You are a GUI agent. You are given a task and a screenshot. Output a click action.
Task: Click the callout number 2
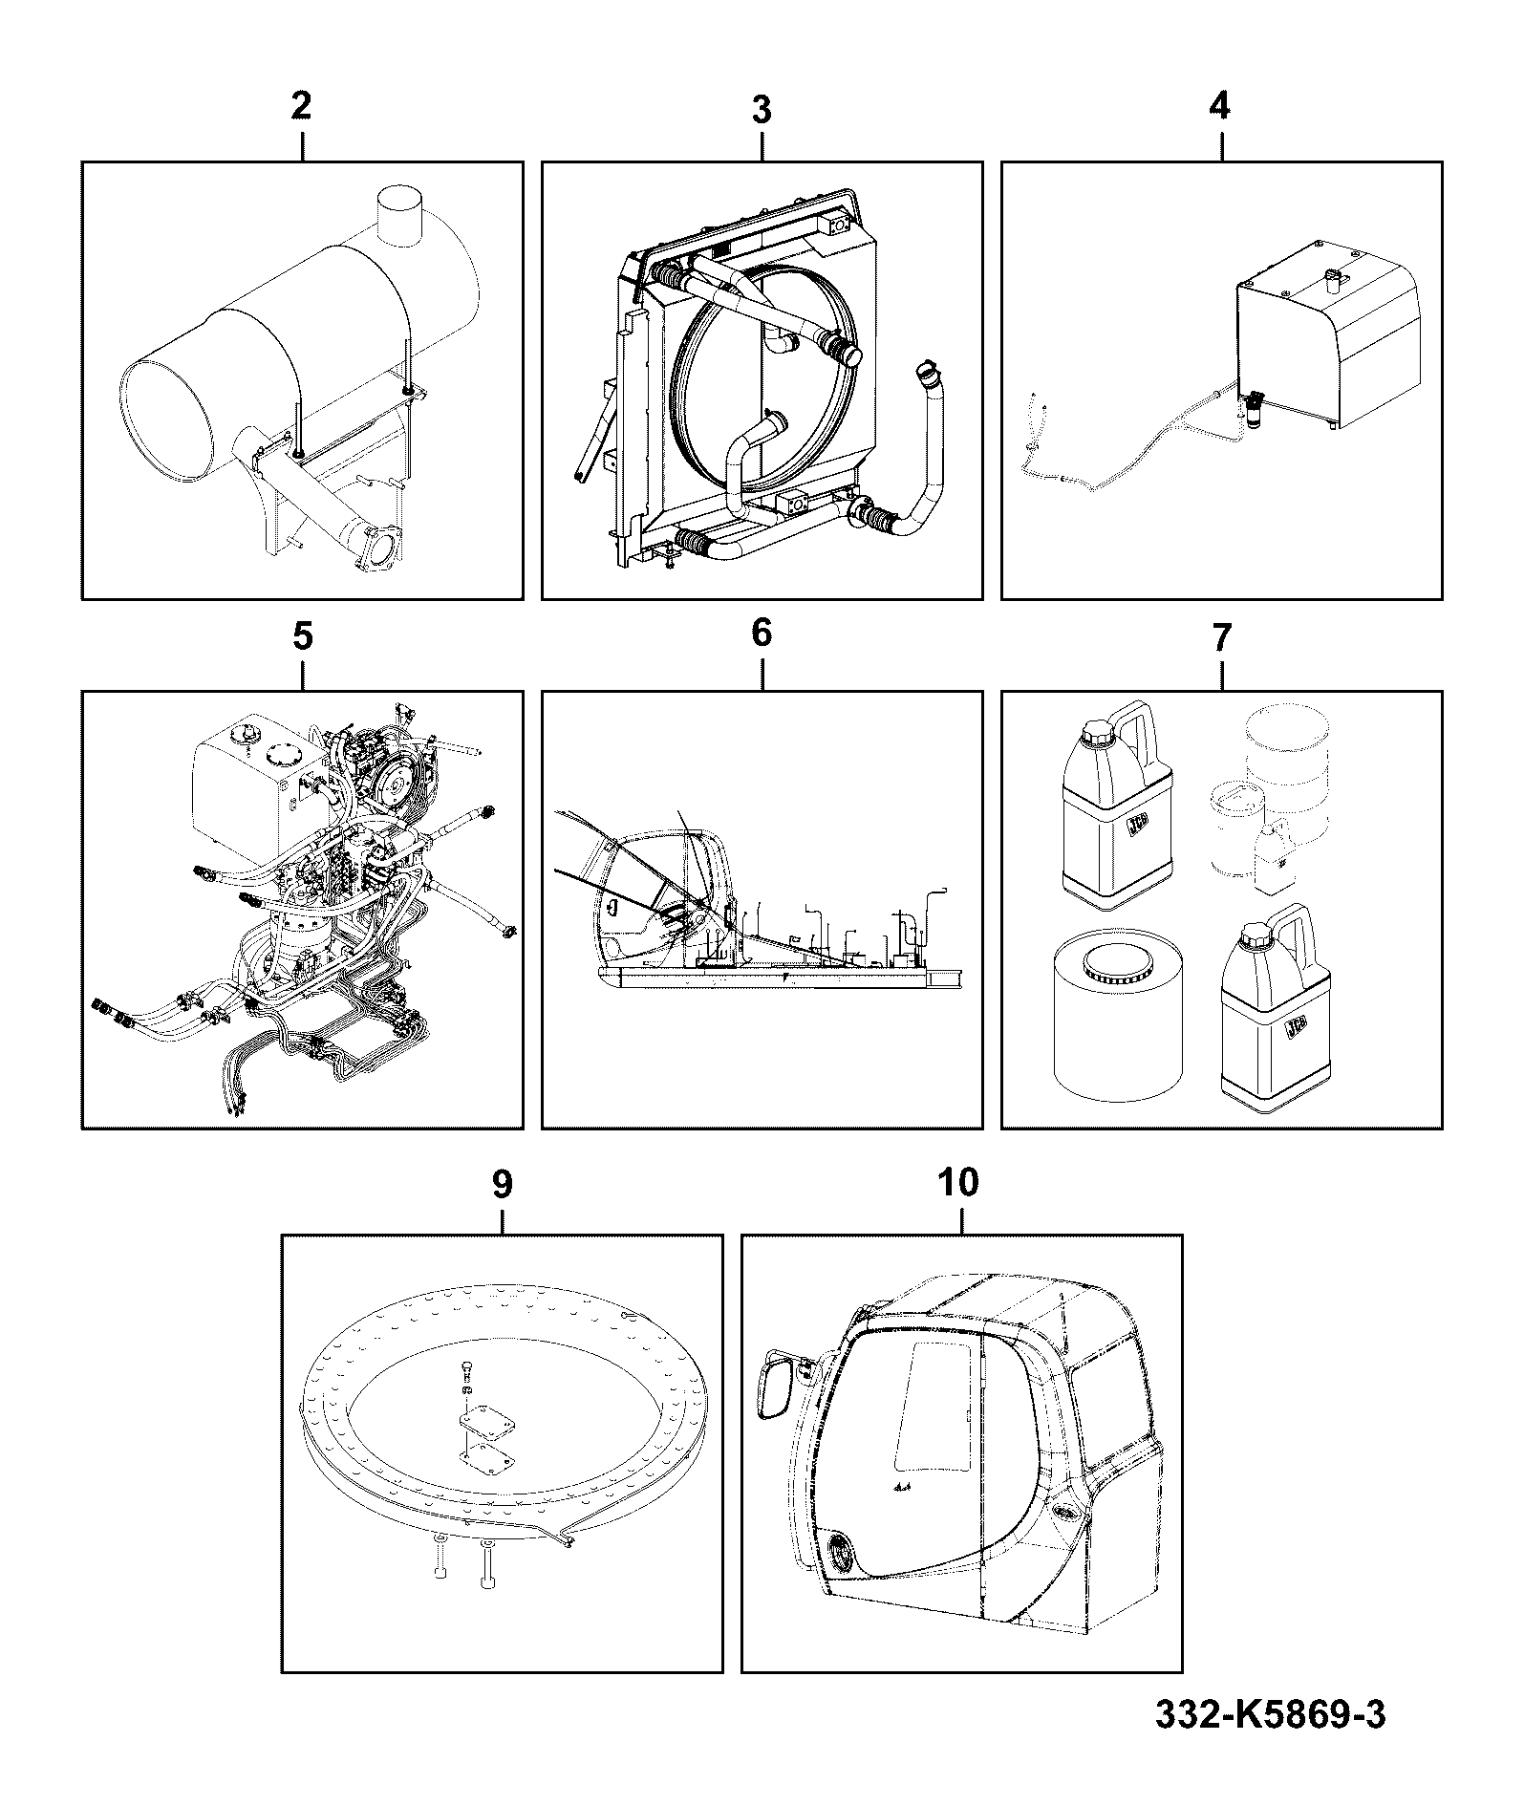pos(301,106)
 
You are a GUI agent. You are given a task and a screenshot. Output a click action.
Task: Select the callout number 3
pos(761,110)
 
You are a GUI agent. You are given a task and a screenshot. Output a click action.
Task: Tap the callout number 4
pos(1220,105)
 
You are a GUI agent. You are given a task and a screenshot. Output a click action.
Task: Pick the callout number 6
pos(762,632)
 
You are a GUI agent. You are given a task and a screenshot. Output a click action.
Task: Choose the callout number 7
pos(1222,637)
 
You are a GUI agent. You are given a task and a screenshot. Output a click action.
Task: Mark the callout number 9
pos(502,1184)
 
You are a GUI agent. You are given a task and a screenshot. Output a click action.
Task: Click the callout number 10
pos(959,1182)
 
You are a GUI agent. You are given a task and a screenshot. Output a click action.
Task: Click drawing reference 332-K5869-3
pos(1270,1714)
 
